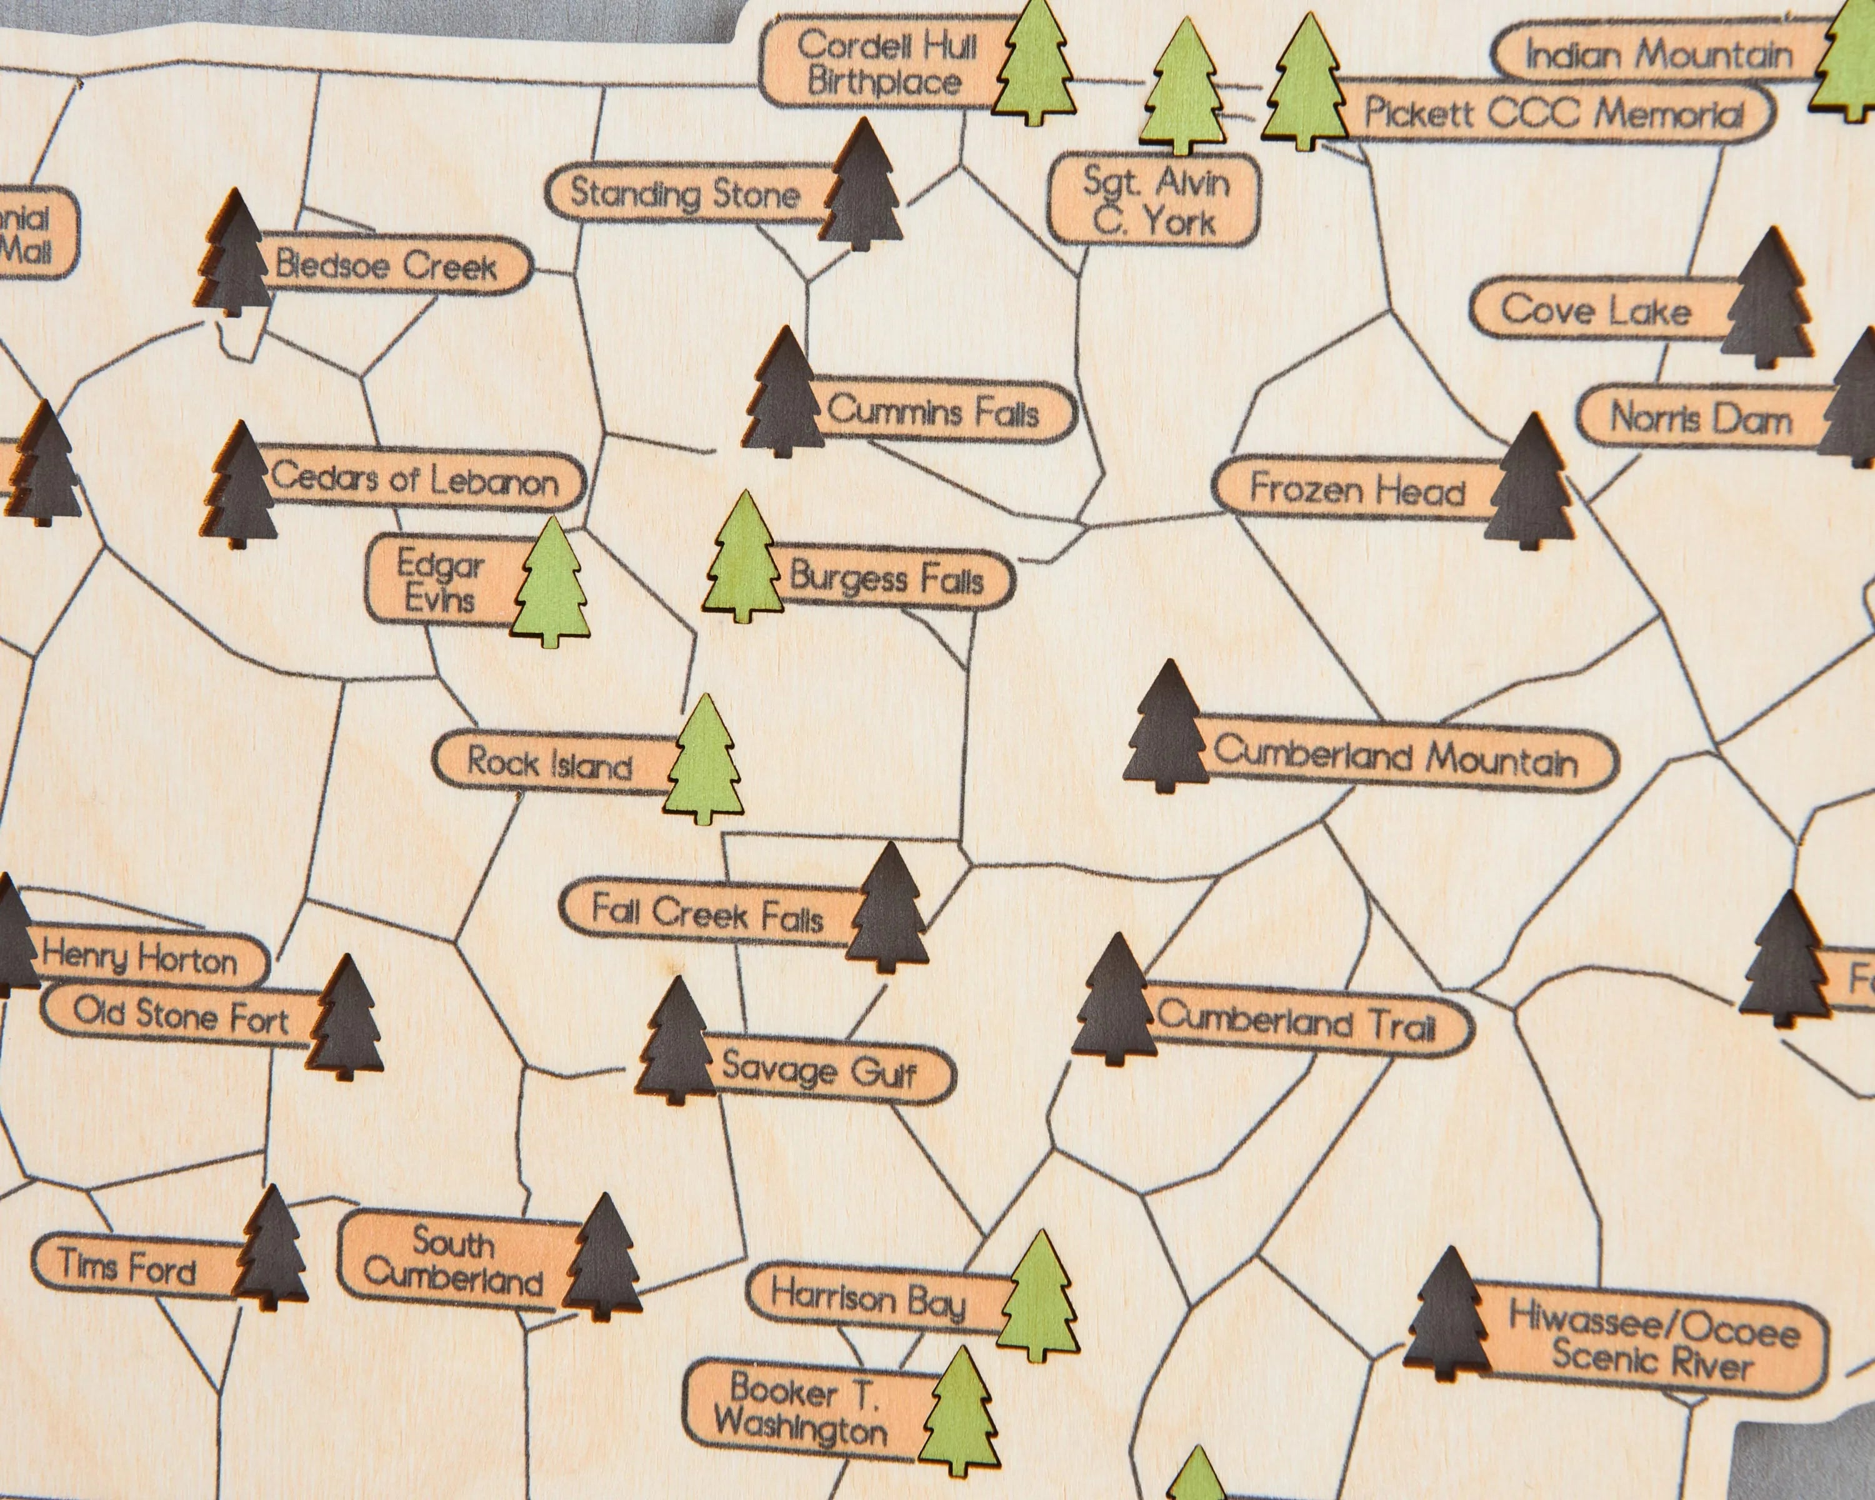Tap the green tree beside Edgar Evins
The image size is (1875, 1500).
(x=551, y=584)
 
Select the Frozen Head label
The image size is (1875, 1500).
(x=1357, y=489)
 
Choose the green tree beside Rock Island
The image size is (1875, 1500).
(x=705, y=762)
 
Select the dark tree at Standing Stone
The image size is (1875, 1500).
(x=862, y=187)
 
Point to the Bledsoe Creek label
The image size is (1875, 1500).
(x=387, y=265)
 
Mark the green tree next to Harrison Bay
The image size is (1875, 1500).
(x=1039, y=1298)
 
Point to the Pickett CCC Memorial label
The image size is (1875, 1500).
(x=1552, y=113)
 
